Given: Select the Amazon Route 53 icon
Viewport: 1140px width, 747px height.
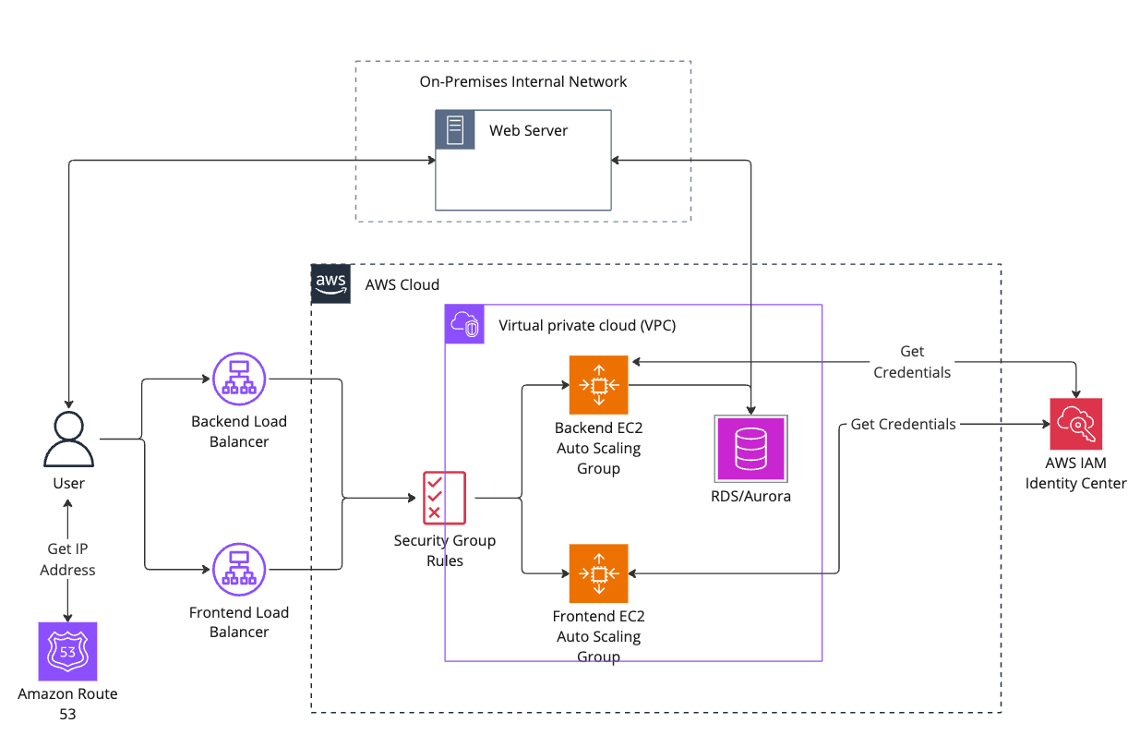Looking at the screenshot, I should coord(67,651).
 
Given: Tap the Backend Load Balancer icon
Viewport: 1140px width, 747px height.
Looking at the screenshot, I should coord(239,378).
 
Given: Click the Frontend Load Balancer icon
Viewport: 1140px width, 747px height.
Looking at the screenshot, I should coord(239,569).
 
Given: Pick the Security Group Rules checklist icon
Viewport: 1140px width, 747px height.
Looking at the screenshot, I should coord(444,498).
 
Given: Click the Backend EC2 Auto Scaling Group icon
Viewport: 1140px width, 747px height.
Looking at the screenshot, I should coord(598,385).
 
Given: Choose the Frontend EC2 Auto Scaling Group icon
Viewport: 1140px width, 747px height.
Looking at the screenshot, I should coord(598,573).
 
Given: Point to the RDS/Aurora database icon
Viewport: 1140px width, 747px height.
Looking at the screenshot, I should coord(750,449).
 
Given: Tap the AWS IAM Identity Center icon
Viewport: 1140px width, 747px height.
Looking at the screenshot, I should coord(1075,424).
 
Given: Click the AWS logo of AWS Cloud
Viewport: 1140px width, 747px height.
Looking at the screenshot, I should coord(330,283).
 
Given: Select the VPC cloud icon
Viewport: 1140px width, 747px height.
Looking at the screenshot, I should coord(464,324).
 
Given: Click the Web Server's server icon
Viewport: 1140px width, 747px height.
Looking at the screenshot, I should coord(454,129).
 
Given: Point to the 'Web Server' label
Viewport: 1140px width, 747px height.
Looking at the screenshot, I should coord(528,130).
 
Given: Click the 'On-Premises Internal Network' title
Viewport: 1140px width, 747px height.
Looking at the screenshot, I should coord(522,81).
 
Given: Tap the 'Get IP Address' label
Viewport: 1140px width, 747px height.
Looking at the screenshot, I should coord(67,560).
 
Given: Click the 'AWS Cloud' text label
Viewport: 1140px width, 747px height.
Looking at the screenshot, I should coord(402,284).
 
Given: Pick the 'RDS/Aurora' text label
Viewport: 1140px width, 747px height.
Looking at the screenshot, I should coord(750,496).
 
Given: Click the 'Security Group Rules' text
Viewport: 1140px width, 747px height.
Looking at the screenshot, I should coord(444,550).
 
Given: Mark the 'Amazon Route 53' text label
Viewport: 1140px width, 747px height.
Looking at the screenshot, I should coord(67,704).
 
